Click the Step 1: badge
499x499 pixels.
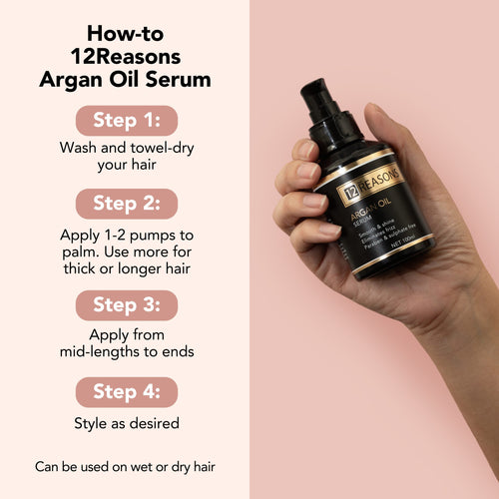click(x=126, y=120)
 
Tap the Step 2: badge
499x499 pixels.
click(x=126, y=204)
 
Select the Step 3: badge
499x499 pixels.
click(x=126, y=304)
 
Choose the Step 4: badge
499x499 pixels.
click(x=126, y=391)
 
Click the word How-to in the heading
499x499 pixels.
click(x=125, y=33)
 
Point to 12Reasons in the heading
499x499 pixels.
click(x=125, y=56)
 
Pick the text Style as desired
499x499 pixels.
click(x=126, y=423)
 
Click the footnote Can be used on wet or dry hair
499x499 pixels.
click(x=126, y=466)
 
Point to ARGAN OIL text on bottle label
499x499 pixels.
click(x=371, y=213)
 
